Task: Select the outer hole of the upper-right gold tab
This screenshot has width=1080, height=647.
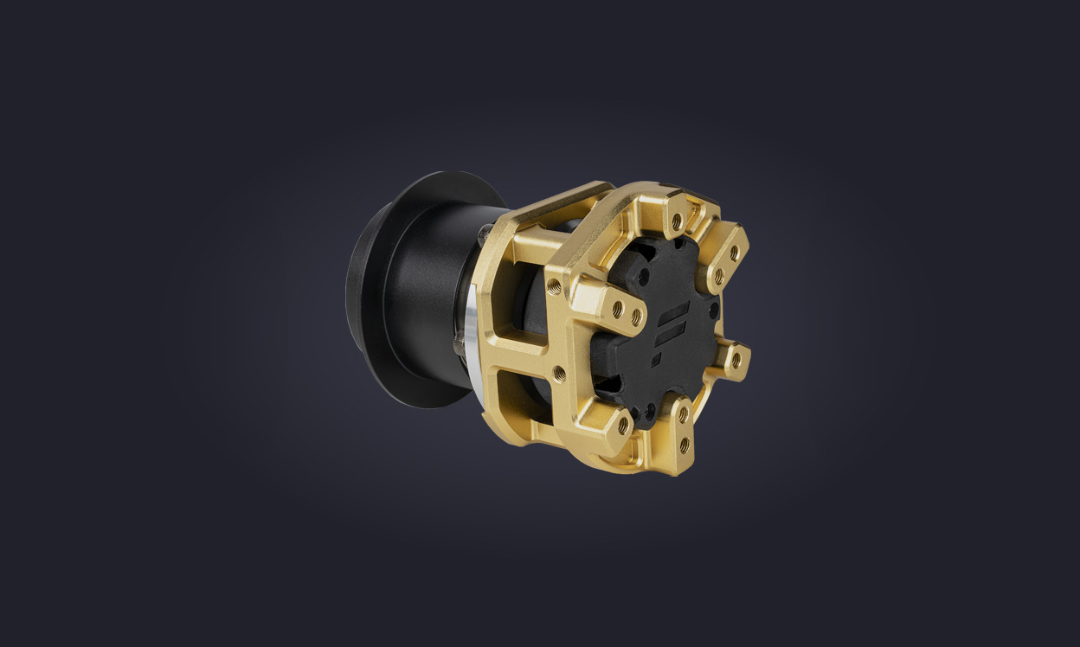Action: (734, 253)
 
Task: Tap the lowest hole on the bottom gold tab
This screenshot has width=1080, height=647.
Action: (684, 445)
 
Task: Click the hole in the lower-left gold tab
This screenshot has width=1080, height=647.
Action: (623, 425)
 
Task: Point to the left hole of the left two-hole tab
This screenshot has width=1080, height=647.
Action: (617, 305)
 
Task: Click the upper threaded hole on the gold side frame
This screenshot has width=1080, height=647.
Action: (554, 286)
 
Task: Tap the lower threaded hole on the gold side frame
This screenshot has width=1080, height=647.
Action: (559, 373)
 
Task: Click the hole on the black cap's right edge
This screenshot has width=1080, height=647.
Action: (714, 308)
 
